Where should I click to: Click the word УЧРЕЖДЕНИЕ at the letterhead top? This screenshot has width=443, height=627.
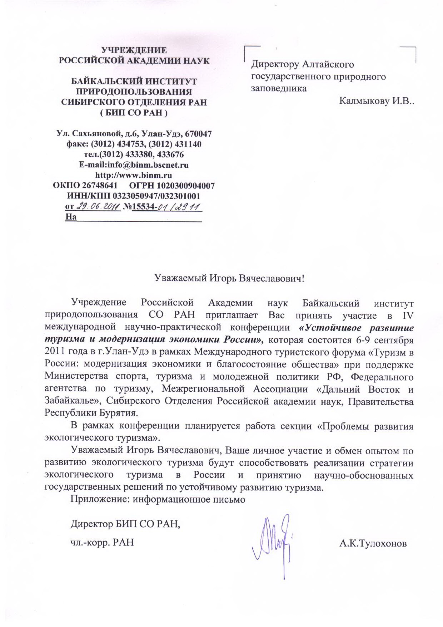[x=134, y=50]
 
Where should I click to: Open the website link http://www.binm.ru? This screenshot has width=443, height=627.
[x=134, y=175]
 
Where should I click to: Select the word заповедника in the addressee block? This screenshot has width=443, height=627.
[x=279, y=88]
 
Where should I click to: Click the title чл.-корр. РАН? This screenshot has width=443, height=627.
[x=102, y=542]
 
